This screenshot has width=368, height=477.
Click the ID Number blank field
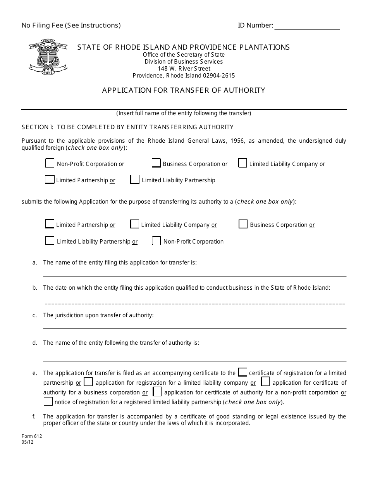click(x=307, y=26)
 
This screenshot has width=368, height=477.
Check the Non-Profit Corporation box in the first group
click(x=50, y=163)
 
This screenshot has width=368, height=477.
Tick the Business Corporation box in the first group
click(x=156, y=163)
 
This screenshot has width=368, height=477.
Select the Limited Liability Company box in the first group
click(x=243, y=163)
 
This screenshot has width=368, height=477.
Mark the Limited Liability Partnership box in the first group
click(x=135, y=180)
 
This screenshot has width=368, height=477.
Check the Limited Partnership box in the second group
click(x=50, y=224)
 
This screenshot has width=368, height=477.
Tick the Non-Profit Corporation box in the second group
click(x=156, y=241)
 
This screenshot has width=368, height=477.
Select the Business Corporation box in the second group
click(x=243, y=224)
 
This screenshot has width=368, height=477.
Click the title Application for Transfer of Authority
click(x=184, y=90)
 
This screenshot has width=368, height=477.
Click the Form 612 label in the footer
click(x=32, y=436)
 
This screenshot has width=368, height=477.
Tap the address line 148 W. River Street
click(x=184, y=69)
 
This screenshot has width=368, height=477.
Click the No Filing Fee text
click(x=71, y=26)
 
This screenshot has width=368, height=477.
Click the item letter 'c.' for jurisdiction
click(x=35, y=315)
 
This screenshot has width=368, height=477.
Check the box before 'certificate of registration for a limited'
click(x=242, y=372)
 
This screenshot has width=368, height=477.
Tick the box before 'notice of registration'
click(x=48, y=401)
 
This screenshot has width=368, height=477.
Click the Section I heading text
click(x=127, y=127)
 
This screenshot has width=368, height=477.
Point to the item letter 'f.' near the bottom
click(x=34, y=417)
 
